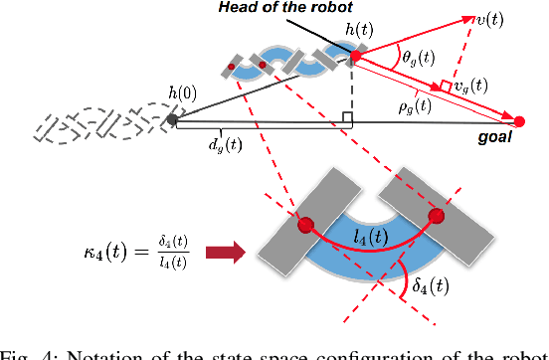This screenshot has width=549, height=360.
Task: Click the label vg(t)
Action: tap(465, 86)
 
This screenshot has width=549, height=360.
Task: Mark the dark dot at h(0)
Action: tap(172, 120)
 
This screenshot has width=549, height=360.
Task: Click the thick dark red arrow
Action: tap(224, 254)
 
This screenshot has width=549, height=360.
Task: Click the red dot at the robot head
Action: tap(355, 58)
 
